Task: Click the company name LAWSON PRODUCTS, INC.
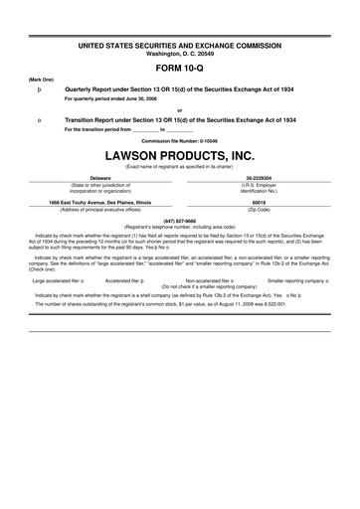click(x=179, y=157)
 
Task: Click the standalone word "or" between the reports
click(x=179, y=109)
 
